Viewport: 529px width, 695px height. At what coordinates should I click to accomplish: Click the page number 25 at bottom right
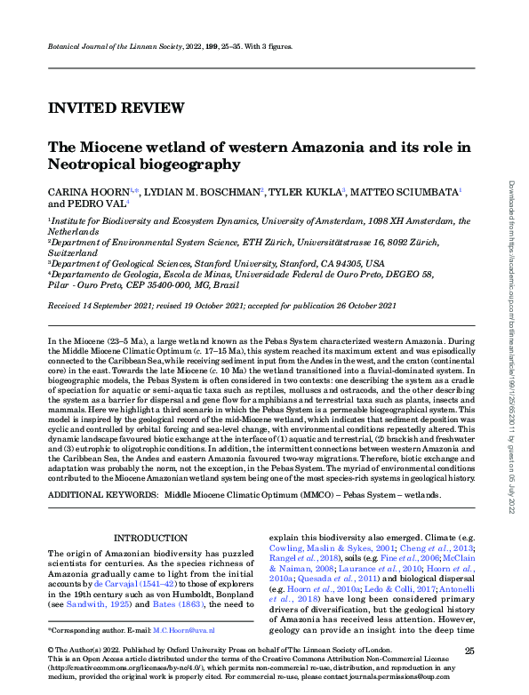481,651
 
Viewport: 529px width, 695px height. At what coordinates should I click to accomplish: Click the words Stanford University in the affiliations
247,263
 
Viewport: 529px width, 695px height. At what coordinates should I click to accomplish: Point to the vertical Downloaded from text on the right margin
511,213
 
